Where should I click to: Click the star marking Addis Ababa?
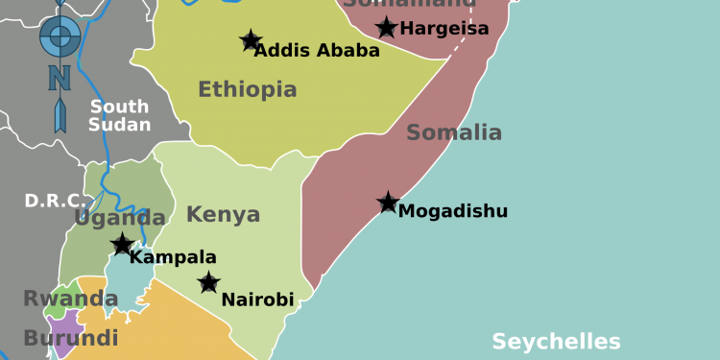point(251,40)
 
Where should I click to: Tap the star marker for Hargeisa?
point(386,28)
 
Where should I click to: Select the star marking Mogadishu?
point(388,203)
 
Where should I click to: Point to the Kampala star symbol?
point(122,245)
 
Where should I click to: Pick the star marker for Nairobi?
point(208,282)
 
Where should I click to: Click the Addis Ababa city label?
point(317,51)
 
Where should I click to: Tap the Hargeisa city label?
point(444,29)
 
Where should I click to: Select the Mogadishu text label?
point(453,211)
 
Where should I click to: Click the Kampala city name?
point(173,257)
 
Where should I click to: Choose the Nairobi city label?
point(257,300)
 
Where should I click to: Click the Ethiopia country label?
point(248,90)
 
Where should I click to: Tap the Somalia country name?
point(454,132)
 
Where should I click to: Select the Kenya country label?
point(223,214)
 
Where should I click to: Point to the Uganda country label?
point(120,219)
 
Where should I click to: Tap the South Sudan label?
point(120,115)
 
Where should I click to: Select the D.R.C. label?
point(54,202)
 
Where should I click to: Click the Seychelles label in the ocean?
point(556,342)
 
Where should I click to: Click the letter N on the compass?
point(60,75)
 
